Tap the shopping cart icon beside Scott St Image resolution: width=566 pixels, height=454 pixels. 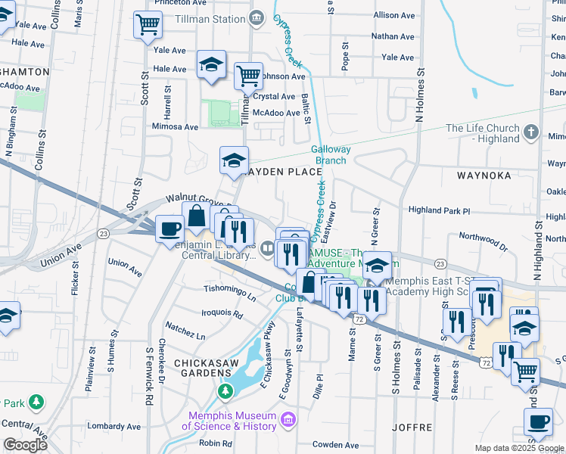[x=148, y=25]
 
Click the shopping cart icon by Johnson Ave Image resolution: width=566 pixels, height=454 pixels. [x=248, y=75]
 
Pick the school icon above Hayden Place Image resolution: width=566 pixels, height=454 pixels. [x=235, y=160]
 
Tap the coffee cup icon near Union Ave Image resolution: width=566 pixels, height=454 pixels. [x=169, y=228]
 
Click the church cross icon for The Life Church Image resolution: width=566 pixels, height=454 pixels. [x=531, y=132]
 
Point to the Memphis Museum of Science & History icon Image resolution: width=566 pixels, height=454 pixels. [x=288, y=420]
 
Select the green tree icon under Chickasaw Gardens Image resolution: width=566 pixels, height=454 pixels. [x=225, y=391]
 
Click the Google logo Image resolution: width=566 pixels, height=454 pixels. [x=25, y=445]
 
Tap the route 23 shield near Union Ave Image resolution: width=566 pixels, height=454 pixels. [x=102, y=234]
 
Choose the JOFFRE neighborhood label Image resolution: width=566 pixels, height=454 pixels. [x=412, y=428]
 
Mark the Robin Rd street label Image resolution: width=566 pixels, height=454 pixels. [x=216, y=443]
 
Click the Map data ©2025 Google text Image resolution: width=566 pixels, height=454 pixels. [x=518, y=448]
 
